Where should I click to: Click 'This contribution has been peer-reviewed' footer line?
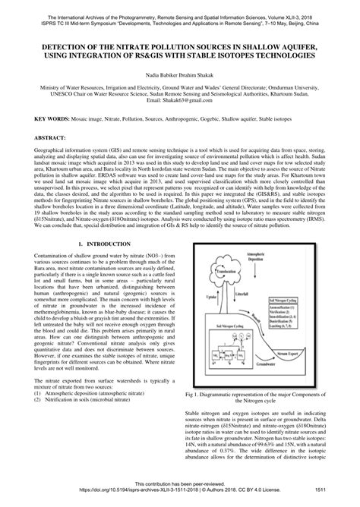coord(180,484)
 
